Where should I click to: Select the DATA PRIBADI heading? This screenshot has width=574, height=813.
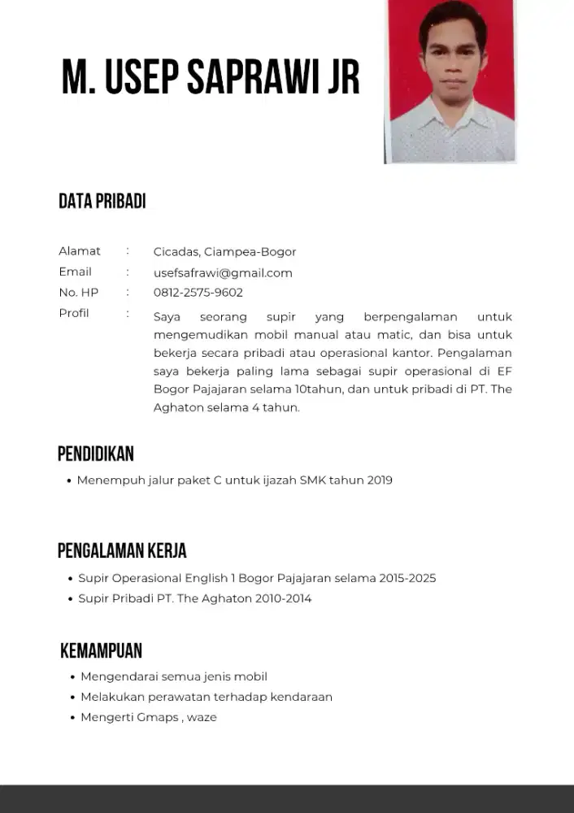click(x=102, y=202)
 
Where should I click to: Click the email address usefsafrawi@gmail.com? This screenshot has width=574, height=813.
click(x=223, y=273)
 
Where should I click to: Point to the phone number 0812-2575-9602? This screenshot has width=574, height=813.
click(x=198, y=293)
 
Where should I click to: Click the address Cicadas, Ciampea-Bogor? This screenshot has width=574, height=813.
click(x=224, y=252)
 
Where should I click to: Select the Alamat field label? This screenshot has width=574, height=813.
click(x=80, y=251)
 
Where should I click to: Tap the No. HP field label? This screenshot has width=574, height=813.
click(x=79, y=293)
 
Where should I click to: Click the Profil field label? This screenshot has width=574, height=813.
click(x=74, y=313)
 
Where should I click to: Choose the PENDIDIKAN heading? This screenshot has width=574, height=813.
click(x=95, y=454)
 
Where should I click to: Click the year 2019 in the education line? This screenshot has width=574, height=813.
click(x=380, y=480)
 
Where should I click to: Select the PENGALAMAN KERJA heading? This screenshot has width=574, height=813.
click(x=122, y=551)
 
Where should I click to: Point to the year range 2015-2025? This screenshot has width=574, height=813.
click(x=408, y=579)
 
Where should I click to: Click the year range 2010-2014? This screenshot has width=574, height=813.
click(x=285, y=599)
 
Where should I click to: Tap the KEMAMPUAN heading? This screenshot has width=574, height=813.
click(x=101, y=651)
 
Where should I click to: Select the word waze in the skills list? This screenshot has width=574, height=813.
click(x=202, y=718)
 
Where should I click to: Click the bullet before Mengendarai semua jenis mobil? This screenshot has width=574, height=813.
click(x=72, y=677)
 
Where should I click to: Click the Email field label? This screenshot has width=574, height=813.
click(x=75, y=272)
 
